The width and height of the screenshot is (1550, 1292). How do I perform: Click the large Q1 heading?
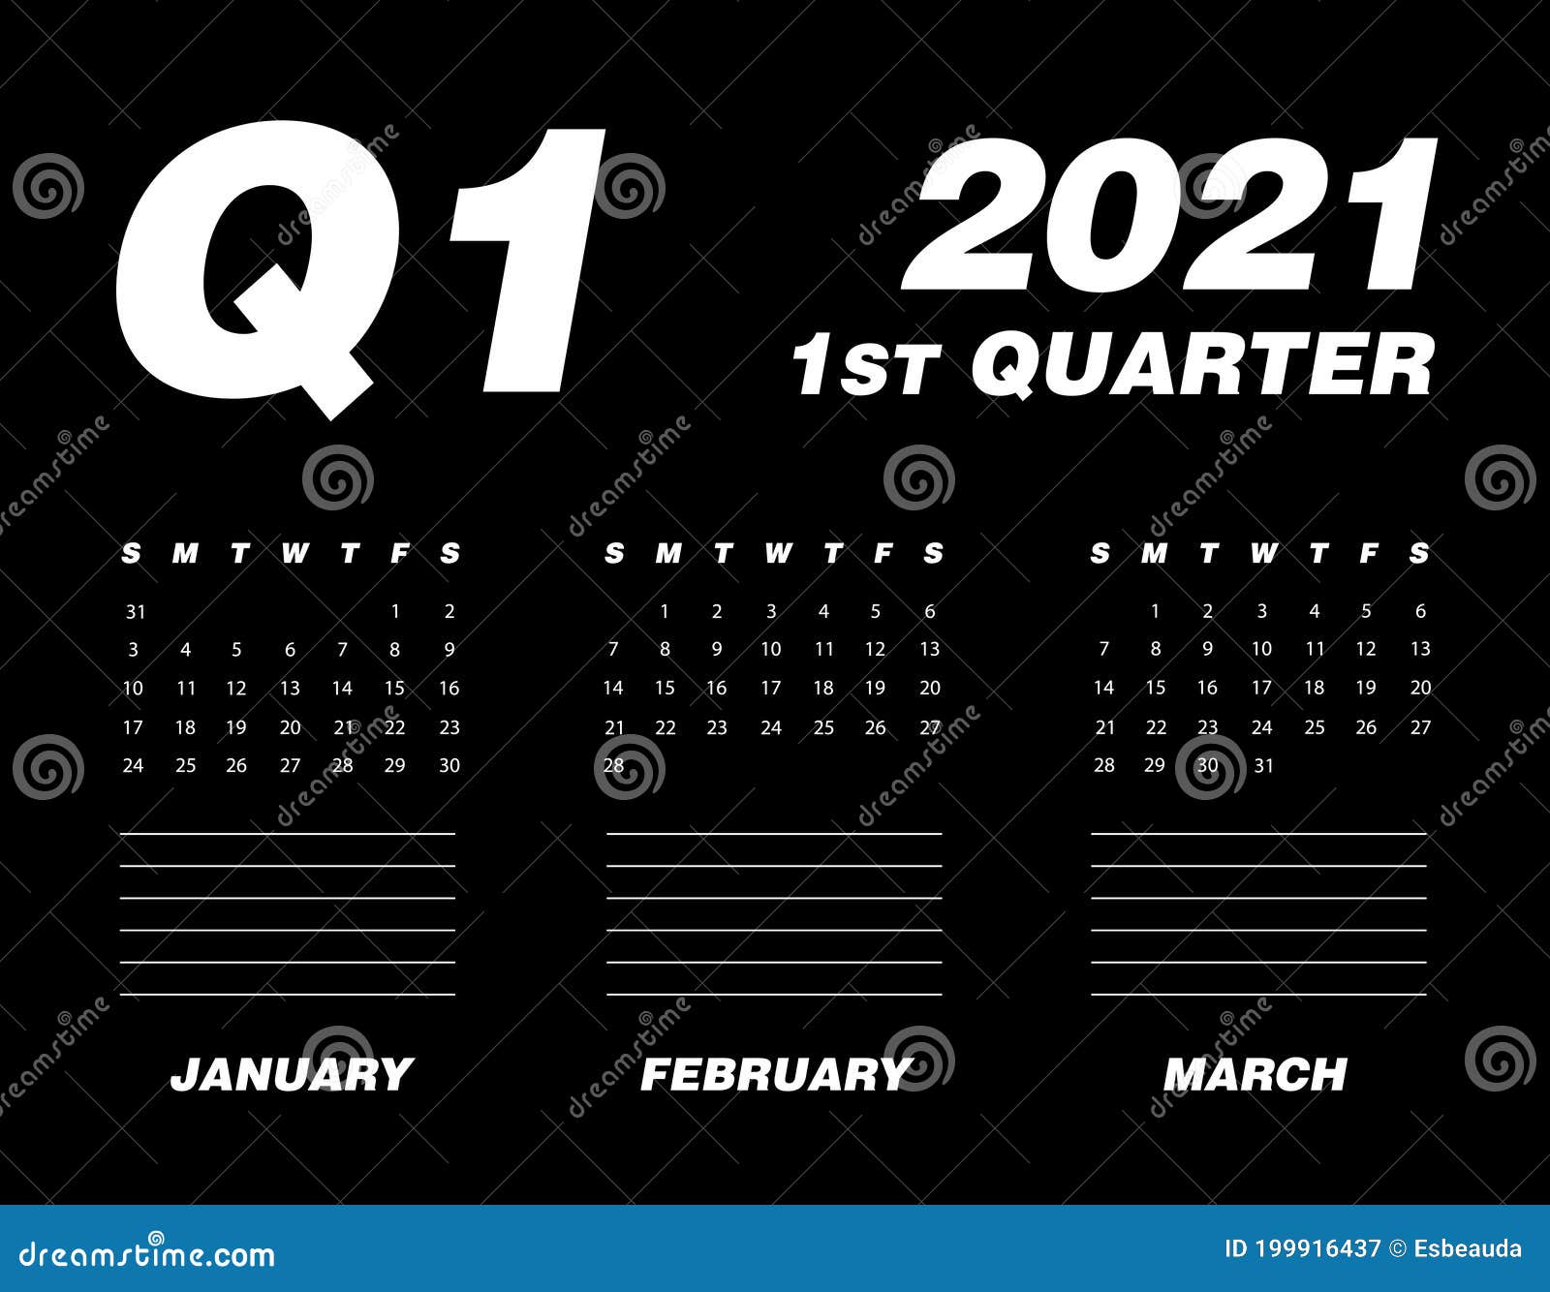click(x=358, y=266)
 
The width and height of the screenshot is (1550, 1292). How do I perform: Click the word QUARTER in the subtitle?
click(x=1201, y=364)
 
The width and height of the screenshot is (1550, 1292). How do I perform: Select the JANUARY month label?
click(x=292, y=1074)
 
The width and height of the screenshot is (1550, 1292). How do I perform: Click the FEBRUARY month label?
click(x=774, y=1074)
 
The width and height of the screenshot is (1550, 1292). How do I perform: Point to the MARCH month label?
click(x=1255, y=1074)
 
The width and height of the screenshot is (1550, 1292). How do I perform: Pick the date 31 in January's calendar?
click(x=135, y=611)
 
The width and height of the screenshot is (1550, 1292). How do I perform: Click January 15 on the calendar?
click(x=394, y=689)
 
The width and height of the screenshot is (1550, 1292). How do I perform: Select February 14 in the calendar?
click(x=612, y=689)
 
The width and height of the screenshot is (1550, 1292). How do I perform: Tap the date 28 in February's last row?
click(x=613, y=765)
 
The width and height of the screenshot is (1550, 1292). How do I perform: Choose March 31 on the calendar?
click(x=1263, y=765)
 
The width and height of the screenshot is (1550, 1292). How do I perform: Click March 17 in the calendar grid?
click(x=1261, y=688)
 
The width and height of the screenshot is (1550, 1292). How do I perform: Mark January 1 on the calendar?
click(x=395, y=611)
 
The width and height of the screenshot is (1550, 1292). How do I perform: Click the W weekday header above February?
click(x=777, y=553)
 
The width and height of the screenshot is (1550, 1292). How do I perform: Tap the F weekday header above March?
click(x=1368, y=553)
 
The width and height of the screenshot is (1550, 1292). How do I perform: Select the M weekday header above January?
click(x=184, y=553)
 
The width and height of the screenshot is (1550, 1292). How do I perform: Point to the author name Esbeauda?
click(x=1468, y=1248)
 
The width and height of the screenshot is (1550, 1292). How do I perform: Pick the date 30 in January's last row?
click(x=449, y=765)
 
